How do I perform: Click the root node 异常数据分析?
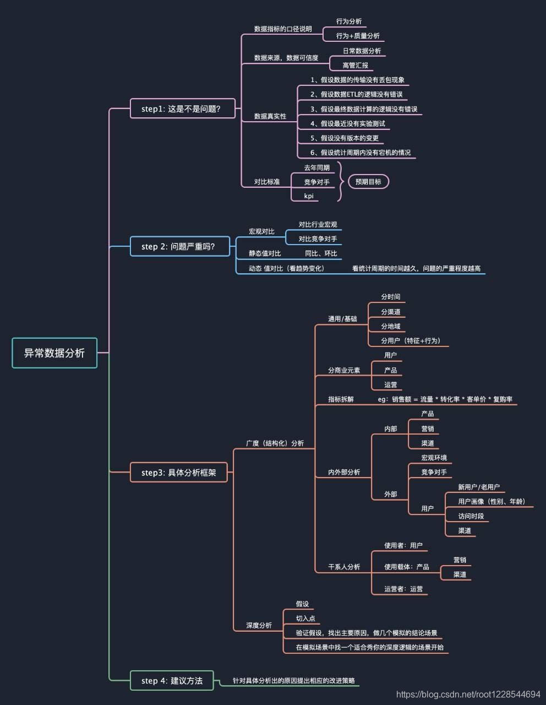[x=54, y=353]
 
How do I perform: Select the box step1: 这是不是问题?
[x=182, y=109]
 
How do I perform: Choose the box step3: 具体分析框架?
[x=178, y=473]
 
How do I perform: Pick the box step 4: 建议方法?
[x=172, y=681]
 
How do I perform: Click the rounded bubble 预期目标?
[x=368, y=182]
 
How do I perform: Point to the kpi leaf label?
[x=309, y=196]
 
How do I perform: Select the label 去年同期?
[x=316, y=167]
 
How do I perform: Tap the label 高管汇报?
[x=355, y=65]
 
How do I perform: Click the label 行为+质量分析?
[x=358, y=36]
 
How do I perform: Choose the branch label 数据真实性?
[x=270, y=116]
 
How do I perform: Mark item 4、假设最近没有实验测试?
[x=348, y=123]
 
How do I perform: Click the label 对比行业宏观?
[x=318, y=224]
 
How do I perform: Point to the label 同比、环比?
[x=321, y=253]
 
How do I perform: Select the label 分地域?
[x=390, y=326]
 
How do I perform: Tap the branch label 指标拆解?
[x=341, y=399]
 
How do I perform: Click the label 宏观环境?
[x=434, y=458]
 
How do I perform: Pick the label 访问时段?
[x=471, y=516]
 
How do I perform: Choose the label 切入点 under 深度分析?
[x=305, y=619]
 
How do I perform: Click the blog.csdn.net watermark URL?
[x=468, y=695]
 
